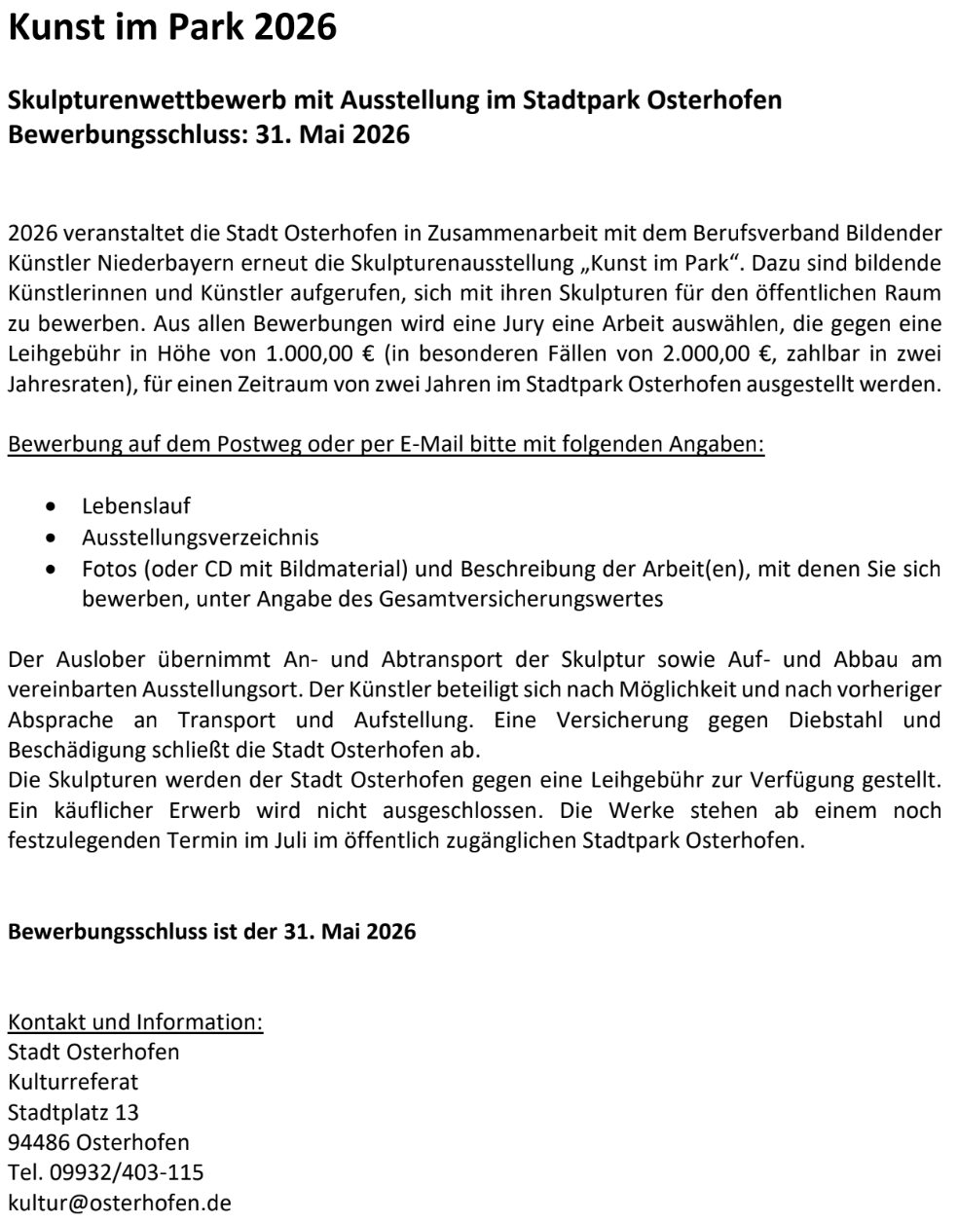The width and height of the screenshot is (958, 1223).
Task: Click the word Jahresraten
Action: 68,384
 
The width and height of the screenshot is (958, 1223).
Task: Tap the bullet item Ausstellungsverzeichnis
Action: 201,537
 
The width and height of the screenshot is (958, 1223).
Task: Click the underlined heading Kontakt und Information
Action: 135,1022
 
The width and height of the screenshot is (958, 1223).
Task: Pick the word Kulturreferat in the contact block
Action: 73,1082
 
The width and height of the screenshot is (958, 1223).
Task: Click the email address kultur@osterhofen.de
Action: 120,1203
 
